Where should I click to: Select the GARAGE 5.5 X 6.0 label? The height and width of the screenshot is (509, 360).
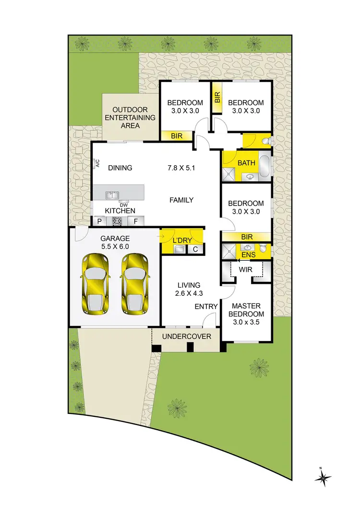(x=115, y=242)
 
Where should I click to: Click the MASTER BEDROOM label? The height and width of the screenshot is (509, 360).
(x=246, y=314)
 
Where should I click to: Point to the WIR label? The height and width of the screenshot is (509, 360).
(x=246, y=270)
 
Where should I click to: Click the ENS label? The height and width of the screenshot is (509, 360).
(x=248, y=254)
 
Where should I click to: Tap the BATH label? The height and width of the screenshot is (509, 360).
(x=247, y=163)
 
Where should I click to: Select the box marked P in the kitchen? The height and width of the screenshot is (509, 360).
(x=100, y=221)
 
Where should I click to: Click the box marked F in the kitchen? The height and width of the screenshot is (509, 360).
(x=136, y=221)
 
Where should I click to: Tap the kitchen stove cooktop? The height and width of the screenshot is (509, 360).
(x=118, y=221)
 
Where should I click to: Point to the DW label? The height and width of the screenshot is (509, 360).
(x=123, y=205)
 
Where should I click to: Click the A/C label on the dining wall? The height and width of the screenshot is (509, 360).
(x=97, y=164)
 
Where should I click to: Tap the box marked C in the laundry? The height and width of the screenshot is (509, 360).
(x=195, y=249)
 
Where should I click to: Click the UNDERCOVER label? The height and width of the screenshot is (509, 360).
(x=187, y=336)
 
